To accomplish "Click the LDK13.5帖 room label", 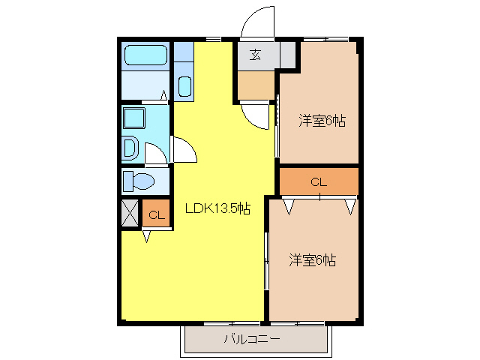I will pos(217,210).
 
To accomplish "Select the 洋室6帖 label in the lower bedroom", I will pos(313,260).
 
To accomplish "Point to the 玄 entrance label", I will pos(256,55).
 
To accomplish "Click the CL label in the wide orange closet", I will pos(319,181).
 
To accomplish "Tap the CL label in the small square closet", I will pos(156,216).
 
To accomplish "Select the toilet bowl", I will pos(139,181).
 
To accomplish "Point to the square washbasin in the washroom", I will pos(134,118).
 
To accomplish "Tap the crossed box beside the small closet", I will pos(129,213).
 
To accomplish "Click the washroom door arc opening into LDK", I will pos(184,149).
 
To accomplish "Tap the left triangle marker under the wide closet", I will pos(289,205).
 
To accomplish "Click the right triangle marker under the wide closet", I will pos(349,205).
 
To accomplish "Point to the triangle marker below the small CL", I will pos(147,235).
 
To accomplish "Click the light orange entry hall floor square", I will pos(256,85).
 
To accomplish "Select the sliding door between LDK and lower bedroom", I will pos(266,260).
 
